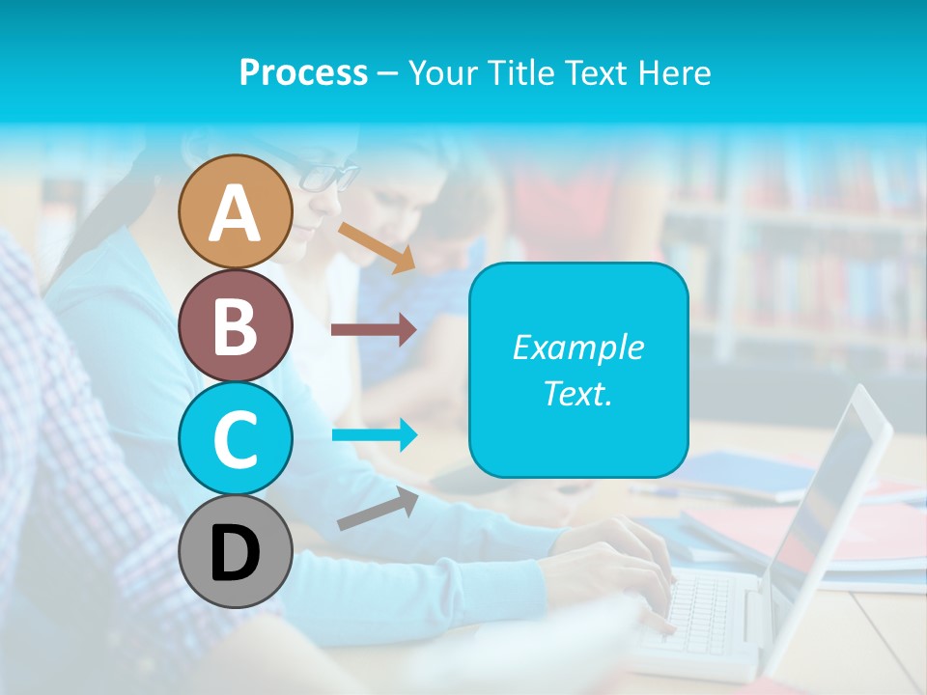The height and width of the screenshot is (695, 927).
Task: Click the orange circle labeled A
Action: (235, 211)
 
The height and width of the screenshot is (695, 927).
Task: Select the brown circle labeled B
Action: (235, 325)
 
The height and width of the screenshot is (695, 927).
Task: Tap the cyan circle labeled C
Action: (235, 438)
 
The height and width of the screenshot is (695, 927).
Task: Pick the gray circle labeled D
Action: (235, 551)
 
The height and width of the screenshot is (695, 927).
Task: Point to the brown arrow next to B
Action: (374, 330)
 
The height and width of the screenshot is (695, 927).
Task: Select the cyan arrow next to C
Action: (375, 434)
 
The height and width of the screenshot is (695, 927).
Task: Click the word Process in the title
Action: (303, 72)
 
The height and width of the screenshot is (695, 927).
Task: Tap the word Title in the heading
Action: (522, 72)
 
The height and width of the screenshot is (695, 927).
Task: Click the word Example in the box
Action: (578, 347)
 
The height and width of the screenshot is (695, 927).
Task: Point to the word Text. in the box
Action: (578, 393)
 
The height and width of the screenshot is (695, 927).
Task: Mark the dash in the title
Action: (387, 73)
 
